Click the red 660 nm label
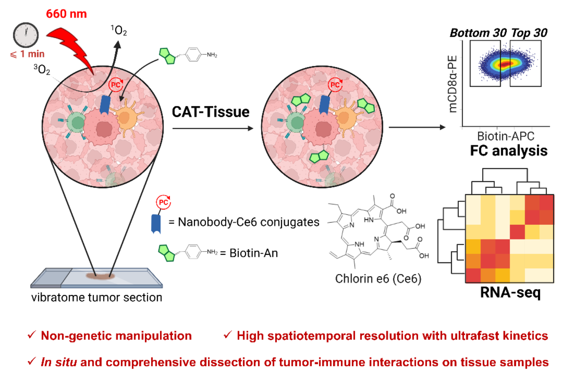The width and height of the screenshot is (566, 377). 66,14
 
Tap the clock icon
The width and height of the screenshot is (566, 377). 26,35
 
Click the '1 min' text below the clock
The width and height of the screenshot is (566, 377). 32,54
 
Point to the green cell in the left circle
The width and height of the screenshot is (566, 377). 77,123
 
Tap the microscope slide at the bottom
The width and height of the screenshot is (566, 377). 97,278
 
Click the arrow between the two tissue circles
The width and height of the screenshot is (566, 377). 213,128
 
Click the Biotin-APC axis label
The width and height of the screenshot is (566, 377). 505,136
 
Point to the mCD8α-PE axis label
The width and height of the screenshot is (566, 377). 453,84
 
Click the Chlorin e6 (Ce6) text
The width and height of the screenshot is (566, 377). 378,279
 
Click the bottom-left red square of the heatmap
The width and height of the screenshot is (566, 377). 473,275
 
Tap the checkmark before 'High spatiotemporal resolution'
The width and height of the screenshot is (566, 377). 227,335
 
